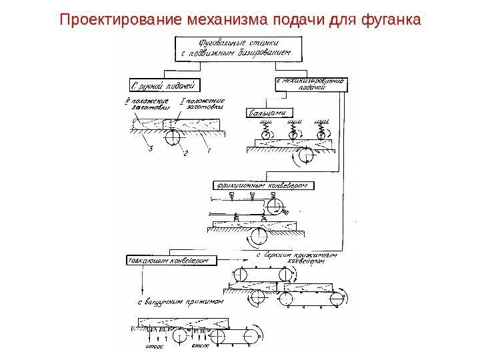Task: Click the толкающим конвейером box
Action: point(168,260)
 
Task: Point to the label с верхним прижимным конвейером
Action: point(293,258)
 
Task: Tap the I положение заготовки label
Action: point(199,103)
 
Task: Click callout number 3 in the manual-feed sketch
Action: point(151,150)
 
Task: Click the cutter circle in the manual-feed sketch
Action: point(172,137)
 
